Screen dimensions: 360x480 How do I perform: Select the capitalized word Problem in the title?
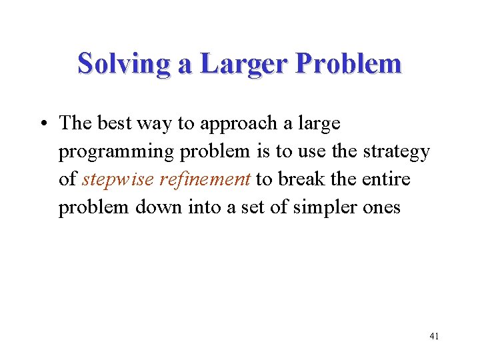[x=349, y=65]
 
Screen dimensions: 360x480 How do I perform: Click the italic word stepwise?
[x=118, y=181]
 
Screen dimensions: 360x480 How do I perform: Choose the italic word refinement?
[x=205, y=180]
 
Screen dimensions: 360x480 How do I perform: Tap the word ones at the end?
[x=382, y=209]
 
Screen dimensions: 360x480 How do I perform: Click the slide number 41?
[x=434, y=337]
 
